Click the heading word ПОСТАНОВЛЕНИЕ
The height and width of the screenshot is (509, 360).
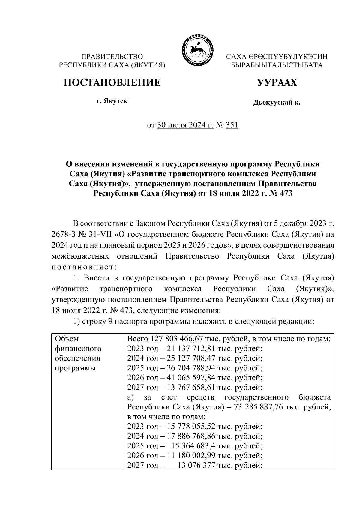[112, 82]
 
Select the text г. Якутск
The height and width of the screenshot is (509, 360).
[112, 101]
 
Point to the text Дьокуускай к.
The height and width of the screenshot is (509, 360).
[277, 103]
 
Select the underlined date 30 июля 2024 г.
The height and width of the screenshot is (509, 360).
[185, 125]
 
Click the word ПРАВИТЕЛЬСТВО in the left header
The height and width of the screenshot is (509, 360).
[112, 56]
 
